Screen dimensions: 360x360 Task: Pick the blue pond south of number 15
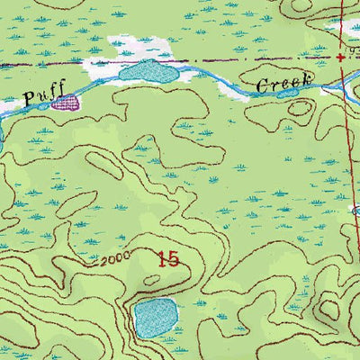click(x=155, y=317)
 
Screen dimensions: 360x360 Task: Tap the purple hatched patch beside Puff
click(x=65, y=103)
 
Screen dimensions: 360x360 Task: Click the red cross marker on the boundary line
click(x=340, y=57)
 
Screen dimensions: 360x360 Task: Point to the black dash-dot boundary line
click(x=225, y=59)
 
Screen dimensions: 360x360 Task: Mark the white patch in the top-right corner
click(x=346, y=27)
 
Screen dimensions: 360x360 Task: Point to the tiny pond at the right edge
click(x=356, y=210)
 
